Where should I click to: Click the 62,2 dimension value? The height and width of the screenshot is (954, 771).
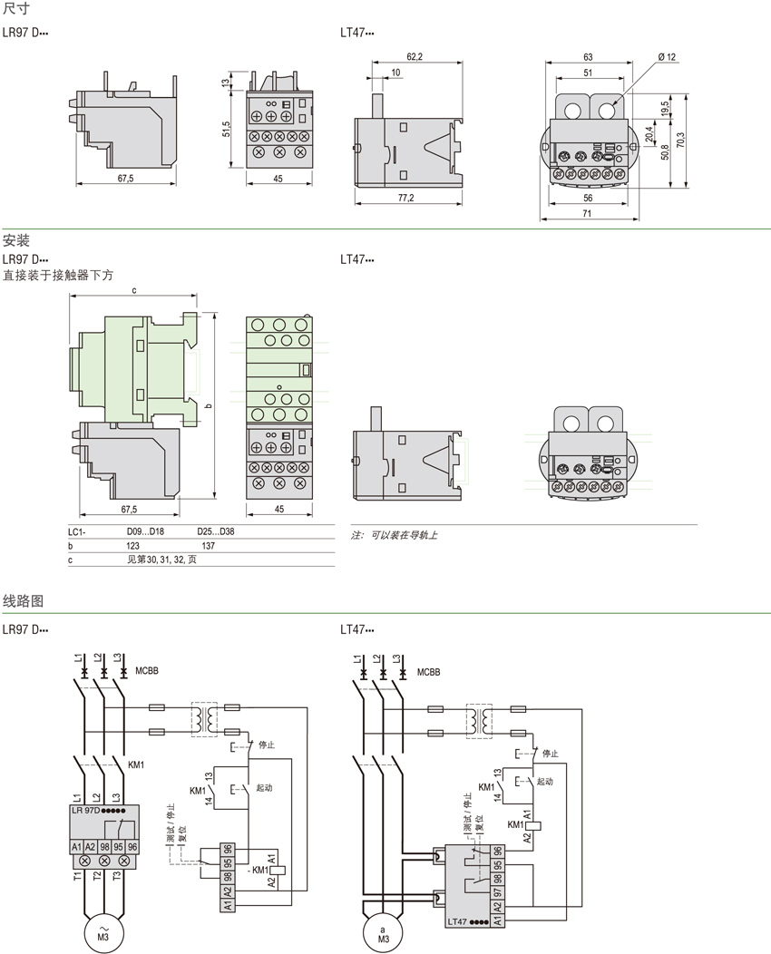click(414, 57)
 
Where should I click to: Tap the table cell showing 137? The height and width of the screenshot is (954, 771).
click(209, 547)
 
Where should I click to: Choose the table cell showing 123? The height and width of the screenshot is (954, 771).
click(132, 547)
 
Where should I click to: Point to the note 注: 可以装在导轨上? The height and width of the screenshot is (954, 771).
click(395, 536)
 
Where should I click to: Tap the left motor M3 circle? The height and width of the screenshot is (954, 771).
click(102, 932)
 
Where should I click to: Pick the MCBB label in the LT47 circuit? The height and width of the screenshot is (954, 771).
click(428, 672)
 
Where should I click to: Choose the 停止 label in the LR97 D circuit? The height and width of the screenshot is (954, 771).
click(267, 744)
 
